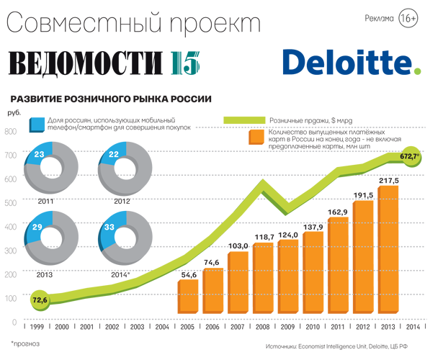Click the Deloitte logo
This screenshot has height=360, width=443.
pos(352,62)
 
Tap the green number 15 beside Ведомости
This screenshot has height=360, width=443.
pos(185,63)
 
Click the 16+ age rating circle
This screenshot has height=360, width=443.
pos(408,18)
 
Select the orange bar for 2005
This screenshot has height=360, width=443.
pos(188,297)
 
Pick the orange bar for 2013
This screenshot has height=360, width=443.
pos(388,250)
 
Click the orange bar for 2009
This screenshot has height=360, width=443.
pos(288,276)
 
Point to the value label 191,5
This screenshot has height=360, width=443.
pos(363,195)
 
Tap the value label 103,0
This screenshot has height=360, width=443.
pos(238,246)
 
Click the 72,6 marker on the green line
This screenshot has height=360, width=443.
pos(40,300)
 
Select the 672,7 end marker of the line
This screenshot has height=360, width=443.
pos(411,156)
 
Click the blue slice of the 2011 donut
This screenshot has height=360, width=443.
pos(40,153)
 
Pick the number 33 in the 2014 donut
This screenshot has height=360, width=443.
pos(109,227)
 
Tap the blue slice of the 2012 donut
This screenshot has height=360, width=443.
pos(115,153)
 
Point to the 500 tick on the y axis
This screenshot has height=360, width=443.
pos(11,203)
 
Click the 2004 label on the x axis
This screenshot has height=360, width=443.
pos(162,327)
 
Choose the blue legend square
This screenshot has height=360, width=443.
pos(37,125)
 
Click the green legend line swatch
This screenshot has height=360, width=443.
pos(244,120)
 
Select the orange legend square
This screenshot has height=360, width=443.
pos(256,138)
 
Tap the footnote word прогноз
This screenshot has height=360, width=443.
pos(27,344)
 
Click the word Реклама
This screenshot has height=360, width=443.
pos(379,19)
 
